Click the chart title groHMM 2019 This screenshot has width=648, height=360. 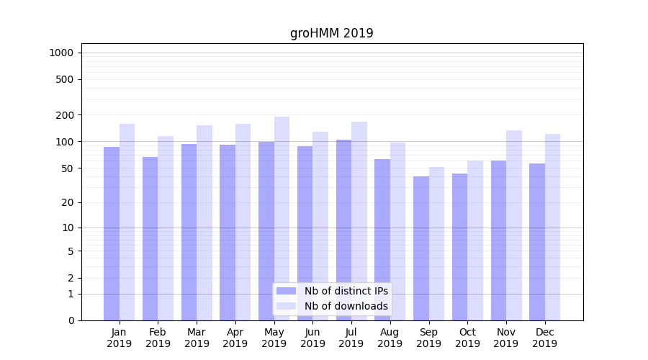click(331, 33)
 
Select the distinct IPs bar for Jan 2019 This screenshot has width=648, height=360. click(112, 233)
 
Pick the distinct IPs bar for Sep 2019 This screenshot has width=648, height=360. click(421, 248)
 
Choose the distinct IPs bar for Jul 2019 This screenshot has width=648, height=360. click(343, 230)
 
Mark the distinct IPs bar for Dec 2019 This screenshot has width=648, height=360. click(537, 242)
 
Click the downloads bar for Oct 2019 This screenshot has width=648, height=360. click(475, 240)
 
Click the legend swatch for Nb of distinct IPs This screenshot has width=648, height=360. click(286, 291)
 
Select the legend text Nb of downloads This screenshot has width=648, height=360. click(346, 306)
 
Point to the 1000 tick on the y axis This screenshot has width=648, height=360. click(61, 53)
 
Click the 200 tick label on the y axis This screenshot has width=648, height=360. click(65, 115)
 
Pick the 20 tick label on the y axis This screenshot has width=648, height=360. click(67, 202)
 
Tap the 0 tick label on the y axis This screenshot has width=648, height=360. click(71, 320)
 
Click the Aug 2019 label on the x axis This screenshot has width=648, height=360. click(390, 338)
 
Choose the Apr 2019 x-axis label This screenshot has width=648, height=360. click(235, 338)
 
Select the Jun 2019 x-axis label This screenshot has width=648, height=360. click(312, 338)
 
